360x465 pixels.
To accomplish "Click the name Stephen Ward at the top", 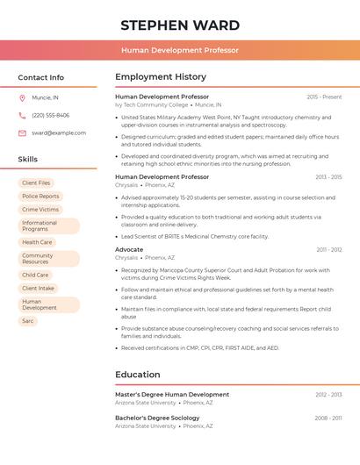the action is pyautogui.click(x=180, y=25).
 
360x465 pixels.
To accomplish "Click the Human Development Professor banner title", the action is pyautogui.click(x=180, y=50).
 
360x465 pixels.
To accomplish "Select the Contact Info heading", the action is pyautogui.click(x=40, y=77).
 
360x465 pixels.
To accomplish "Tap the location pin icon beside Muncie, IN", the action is pyautogui.click(x=22, y=97).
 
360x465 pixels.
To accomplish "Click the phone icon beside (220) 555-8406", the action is pyautogui.click(x=22, y=115).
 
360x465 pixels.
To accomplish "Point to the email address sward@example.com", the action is pyautogui.click(x=59, y=132).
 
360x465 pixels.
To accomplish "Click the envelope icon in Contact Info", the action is pyautogui.click(x=22, y=132).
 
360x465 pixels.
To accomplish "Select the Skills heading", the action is pyautogui.click(x=27, y=159).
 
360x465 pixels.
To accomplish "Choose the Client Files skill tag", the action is pyautogui.click(x=38, y=182).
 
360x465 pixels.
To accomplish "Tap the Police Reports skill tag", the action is pyautogui.click(x=40, y=196).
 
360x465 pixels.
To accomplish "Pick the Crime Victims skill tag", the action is pyautogui.click(x=40, y=210).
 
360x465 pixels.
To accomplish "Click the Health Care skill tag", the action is pyautogui.click(x=37, y=242).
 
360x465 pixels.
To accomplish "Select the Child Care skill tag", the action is pyautogui.click(x=35, y=275).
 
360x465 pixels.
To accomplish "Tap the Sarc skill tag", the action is pyautogui.click(x=28, y=321).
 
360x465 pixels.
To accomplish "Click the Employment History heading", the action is pyautogui.click(x=161, y=77).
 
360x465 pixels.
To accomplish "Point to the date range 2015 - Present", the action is pyautogui.click(x=324, y=97).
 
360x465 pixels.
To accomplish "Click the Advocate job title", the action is pyautogui.click(x=129, y=249).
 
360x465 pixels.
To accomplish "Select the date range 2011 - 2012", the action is pyautogui.click(x=329, y=249).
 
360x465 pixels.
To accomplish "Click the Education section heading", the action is pyautogui.click(x=137, y=375).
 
